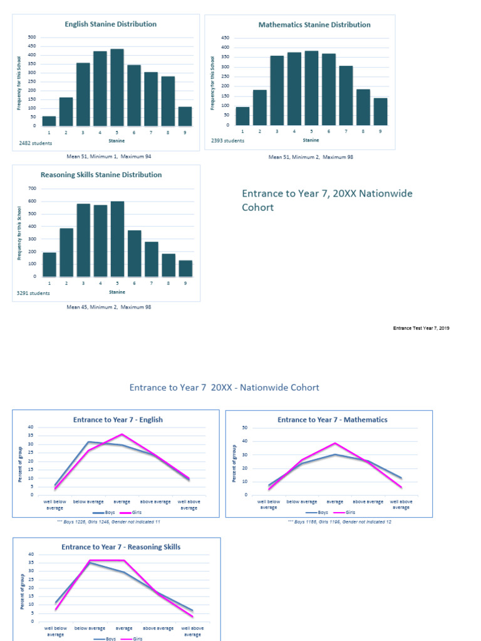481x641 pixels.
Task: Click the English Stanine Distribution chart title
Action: point(111,24)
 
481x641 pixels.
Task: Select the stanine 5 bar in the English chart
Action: point(117,87)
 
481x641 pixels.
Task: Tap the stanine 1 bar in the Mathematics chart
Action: point(242,116)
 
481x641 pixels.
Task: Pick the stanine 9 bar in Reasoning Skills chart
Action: point(185,268)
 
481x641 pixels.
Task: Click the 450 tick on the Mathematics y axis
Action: point(225,38)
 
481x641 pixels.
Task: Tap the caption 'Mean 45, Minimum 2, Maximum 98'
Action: point(108,307)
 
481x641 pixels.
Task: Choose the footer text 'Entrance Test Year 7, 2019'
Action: point(421,328)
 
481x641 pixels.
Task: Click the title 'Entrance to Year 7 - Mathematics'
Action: point(332,420)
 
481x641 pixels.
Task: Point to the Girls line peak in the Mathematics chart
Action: point(334,443)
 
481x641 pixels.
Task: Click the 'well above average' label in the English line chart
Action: point(189,505)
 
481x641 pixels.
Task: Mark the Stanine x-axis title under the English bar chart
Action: point(117,141)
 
